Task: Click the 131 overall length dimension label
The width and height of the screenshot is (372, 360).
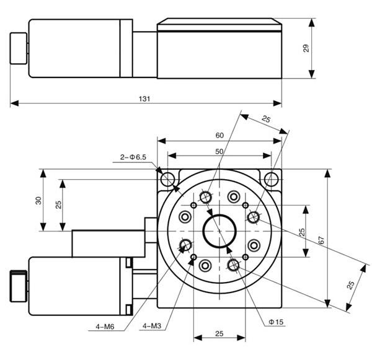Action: (144, 98)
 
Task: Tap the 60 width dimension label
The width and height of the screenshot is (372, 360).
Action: (219, 135)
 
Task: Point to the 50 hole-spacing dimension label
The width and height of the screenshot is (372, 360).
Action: (219, 151)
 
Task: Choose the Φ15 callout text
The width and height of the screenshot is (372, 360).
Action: (276, 322)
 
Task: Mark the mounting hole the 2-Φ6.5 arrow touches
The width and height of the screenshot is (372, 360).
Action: (167, 180)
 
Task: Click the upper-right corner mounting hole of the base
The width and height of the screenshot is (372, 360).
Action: (271, 180)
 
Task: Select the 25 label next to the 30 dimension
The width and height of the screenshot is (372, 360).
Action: (58, 205)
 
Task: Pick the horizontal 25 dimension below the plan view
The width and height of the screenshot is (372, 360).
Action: (219, 333)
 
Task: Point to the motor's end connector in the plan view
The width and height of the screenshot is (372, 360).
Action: (19, 286)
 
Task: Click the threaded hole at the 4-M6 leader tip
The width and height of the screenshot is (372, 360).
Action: (185, 245)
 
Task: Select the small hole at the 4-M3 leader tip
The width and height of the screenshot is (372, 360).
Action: (194, 257)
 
